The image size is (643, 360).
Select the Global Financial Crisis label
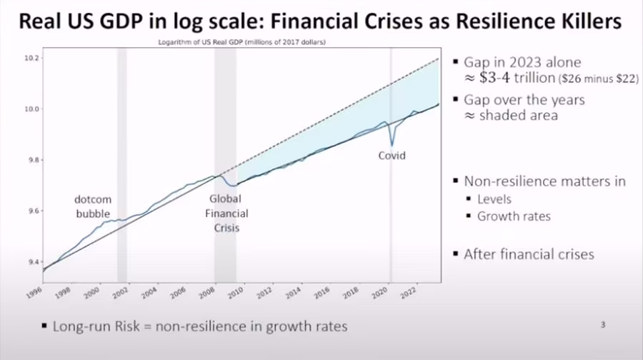click(x=229, y=214)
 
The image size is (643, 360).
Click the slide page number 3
click(x=603, y=325)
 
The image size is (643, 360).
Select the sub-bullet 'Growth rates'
click(x=514, y=216)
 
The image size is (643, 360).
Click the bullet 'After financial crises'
click(x=529, y=254)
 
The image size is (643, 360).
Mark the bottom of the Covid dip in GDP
click(x=391, y=145)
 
